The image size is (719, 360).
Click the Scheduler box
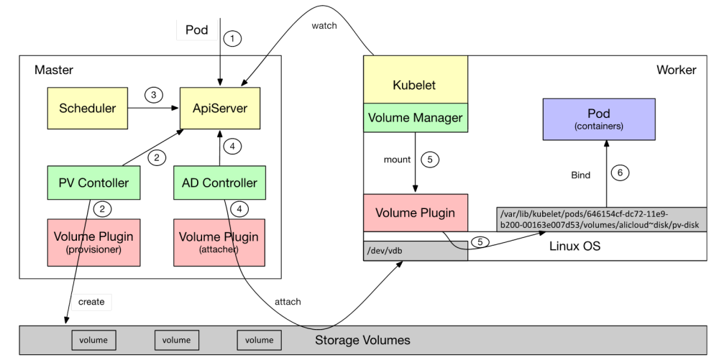(87, 109)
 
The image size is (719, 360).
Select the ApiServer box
(219, 109)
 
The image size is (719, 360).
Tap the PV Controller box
(93, 183)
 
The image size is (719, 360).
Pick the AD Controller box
(219, 183)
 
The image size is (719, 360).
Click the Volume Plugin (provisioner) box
(93, 242)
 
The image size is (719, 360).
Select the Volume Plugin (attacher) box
(219, 242)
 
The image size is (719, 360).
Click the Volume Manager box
(416, 117)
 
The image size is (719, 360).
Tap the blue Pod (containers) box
(598, 119)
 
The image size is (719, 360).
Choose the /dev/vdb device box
(416, 251)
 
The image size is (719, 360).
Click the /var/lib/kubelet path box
(601, 219)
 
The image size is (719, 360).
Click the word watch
(324, 26)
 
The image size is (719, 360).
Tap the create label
(91, 302)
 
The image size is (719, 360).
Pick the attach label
(288, 302)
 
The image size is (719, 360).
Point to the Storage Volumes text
(362, 340)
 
